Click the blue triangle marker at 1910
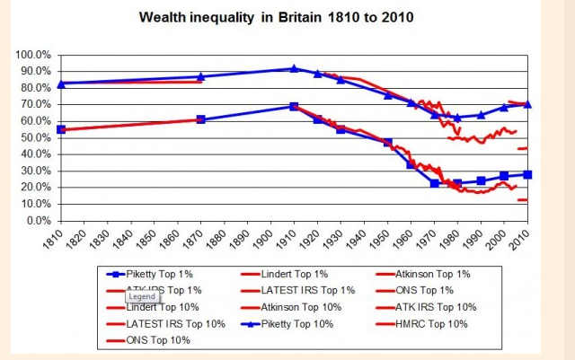coord(294,68)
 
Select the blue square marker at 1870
coord(200,119)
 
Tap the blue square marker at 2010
coord(527,174)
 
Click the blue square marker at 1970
coord(434,183)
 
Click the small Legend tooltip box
coord(141,295)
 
